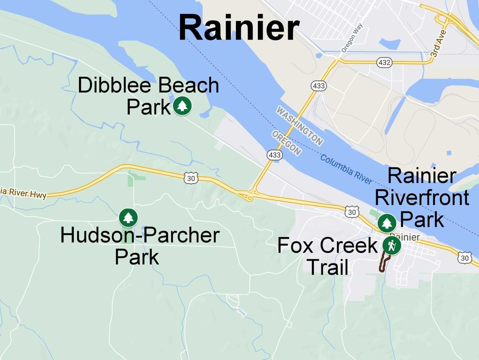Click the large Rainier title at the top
click(239, 27)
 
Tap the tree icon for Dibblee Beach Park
click(182, 106)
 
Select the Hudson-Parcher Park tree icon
click(128, 218)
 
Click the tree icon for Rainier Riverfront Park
click(386, 223)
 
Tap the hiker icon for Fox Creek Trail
click(391, 245)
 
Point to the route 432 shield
click(384, 62)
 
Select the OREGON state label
click(287, 142)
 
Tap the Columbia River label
click(346, 169)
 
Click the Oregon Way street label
click(352, 38)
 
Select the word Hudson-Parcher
click(140, 235)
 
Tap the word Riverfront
click(422, 198)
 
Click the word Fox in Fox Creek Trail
click(295, 245)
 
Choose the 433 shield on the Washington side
click(319, 86)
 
